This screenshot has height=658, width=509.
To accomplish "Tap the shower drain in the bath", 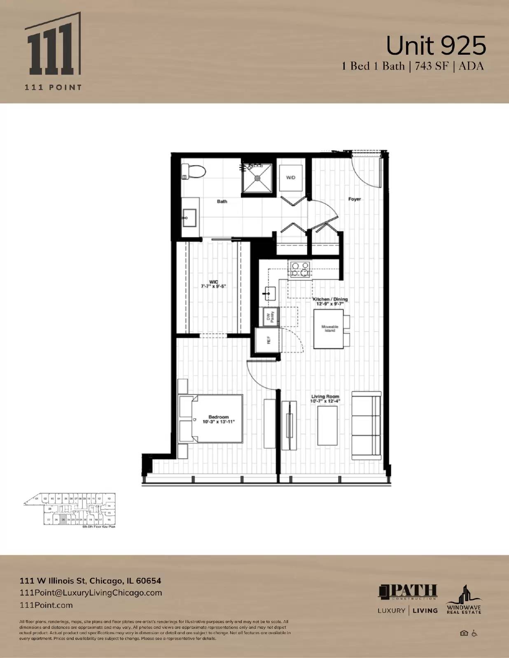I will (258, 178).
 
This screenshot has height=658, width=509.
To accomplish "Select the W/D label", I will (291, 178).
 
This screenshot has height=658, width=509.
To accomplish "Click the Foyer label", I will (355, 199).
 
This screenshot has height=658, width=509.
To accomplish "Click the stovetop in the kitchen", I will (300, 269).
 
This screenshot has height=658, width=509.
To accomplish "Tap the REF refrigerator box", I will (268, 340).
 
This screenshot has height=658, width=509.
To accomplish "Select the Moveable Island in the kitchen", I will (329, 329).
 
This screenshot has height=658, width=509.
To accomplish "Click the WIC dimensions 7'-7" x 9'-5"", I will (213, 286).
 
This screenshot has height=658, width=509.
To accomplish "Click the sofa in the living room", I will (366, 426).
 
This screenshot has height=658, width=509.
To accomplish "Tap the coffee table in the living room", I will (327, 425).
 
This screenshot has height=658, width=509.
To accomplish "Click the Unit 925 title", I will (436, 46).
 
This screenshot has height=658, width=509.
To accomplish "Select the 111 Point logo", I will (53, 51).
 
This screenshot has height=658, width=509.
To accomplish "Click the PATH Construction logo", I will (408, 592).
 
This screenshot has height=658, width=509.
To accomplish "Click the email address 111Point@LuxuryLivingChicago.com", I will (91, 593).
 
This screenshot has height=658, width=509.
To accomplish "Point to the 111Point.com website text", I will (46, 605).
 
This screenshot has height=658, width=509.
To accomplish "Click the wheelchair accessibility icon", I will (474, 633).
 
